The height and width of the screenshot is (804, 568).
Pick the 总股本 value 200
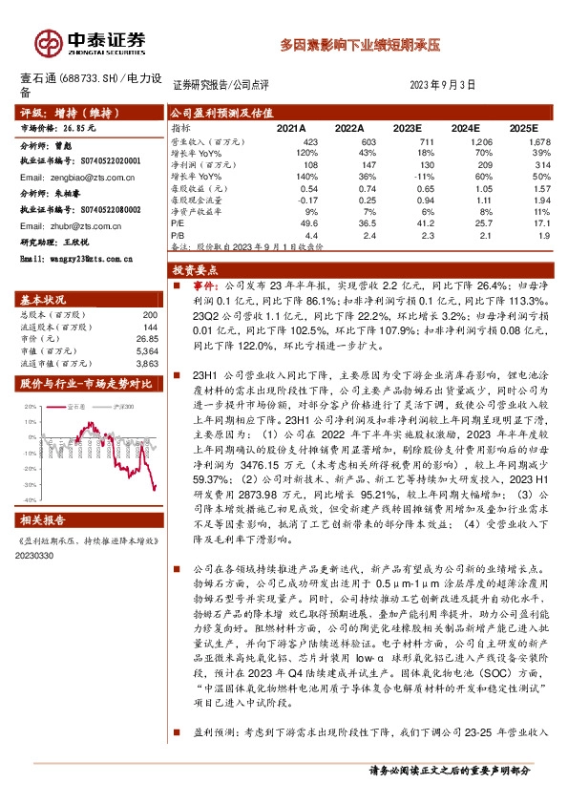149,314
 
